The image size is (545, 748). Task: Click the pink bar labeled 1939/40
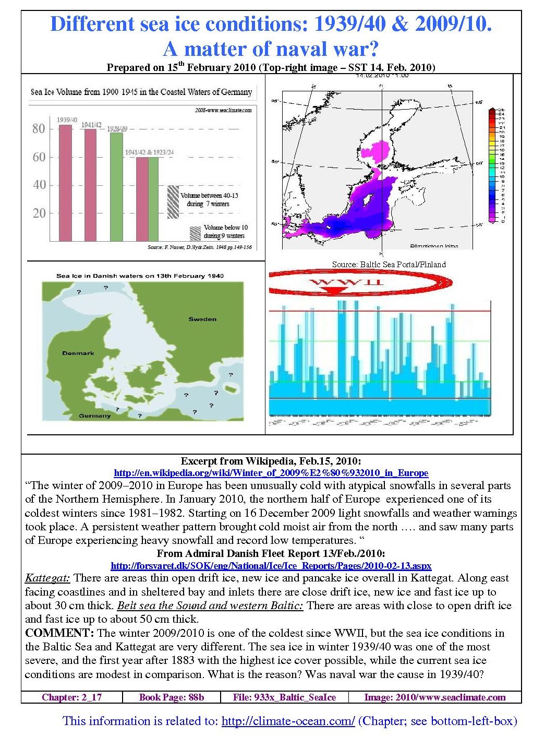click(x=65, y=183)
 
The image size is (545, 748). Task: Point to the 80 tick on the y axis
click(x=39, y=128)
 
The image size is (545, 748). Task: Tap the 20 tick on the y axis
click(x=39, y=213)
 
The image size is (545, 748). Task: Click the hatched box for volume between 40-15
click(x=173, y=201)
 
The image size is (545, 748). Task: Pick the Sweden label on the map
click(x=202, y=319)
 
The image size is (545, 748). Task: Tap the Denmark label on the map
click(x=78, y=353)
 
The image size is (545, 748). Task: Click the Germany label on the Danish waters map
click(x=94, y=415)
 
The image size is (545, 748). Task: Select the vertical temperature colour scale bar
click(x=491, y=165)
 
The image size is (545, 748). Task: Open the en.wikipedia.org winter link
click(x=271, y=473)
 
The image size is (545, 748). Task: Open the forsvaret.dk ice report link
click(x=271, y=565)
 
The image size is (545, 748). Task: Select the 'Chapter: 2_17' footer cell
click(x=72, y=697)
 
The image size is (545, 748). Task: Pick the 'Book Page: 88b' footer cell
click(x=171, y=697)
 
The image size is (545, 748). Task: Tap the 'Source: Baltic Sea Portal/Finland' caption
click(x=389, y=264)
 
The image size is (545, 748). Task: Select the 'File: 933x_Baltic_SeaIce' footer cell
click(x=284, y=697)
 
